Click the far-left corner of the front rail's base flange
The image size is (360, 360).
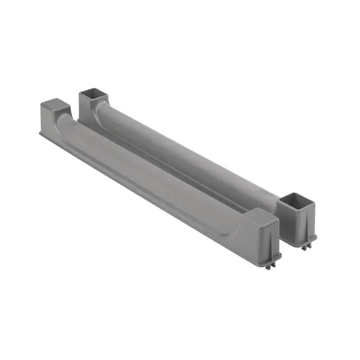point(41,133)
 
